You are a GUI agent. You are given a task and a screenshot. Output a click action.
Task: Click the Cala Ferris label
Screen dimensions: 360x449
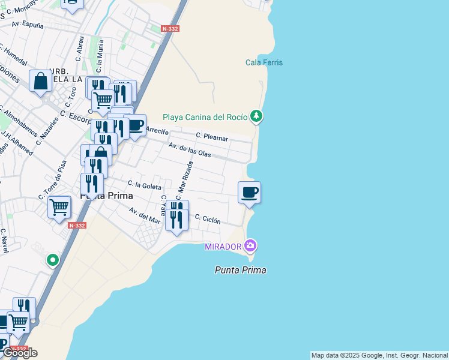pos(264,62)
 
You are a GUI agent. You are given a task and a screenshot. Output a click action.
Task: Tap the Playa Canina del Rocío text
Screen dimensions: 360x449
pos(205,117)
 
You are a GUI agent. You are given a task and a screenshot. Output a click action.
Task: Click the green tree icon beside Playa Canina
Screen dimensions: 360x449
pos(256,115)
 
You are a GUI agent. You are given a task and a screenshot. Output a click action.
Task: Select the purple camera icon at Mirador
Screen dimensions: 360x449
pos(250,245)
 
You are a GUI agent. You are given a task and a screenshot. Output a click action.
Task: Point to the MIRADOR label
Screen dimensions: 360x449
pos(223,247)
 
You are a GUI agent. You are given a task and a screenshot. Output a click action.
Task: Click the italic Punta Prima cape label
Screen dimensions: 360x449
pos(240,270)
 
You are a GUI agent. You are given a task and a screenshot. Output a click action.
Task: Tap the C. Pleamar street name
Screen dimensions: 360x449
pos(212,137)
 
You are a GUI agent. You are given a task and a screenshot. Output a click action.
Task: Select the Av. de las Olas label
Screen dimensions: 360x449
pos(190,150)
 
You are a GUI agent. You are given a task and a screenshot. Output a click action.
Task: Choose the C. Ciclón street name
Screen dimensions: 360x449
pos(208,220)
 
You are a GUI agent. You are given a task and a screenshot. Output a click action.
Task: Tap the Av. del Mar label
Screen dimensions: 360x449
pos(145,215)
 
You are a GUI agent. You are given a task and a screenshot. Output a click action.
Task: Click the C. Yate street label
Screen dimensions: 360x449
pos(163,205)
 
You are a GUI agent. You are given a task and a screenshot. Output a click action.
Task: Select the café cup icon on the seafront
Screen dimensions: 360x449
pos(249,193)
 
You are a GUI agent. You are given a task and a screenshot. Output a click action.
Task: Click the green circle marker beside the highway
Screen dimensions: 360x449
pos(53,260)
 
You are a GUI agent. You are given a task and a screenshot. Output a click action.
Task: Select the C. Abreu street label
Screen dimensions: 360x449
pos(79,49)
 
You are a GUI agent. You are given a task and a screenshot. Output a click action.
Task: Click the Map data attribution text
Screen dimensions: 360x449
pos(379,355)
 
